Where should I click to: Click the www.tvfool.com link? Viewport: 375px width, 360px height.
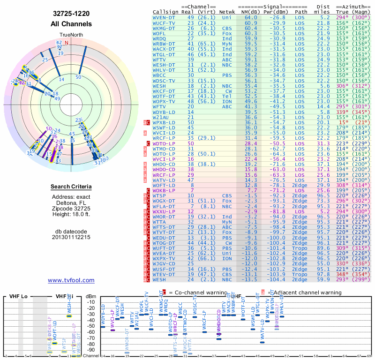(x=71, y=280)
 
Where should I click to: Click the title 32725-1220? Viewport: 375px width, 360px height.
(x=71, y=15)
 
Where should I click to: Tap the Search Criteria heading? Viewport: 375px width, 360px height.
(x=71, y=187)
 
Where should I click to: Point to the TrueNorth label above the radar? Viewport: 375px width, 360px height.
(x=71, y=36)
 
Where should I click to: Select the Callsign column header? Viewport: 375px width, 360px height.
(x=165, y=12)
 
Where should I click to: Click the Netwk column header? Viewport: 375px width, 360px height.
(x=227, y=12)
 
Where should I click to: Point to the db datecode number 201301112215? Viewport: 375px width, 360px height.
(x=71, y=237)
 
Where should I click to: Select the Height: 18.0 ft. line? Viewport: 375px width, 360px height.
(x=71, y=215)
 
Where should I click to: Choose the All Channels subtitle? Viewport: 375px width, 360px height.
(x=71, y=24)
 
